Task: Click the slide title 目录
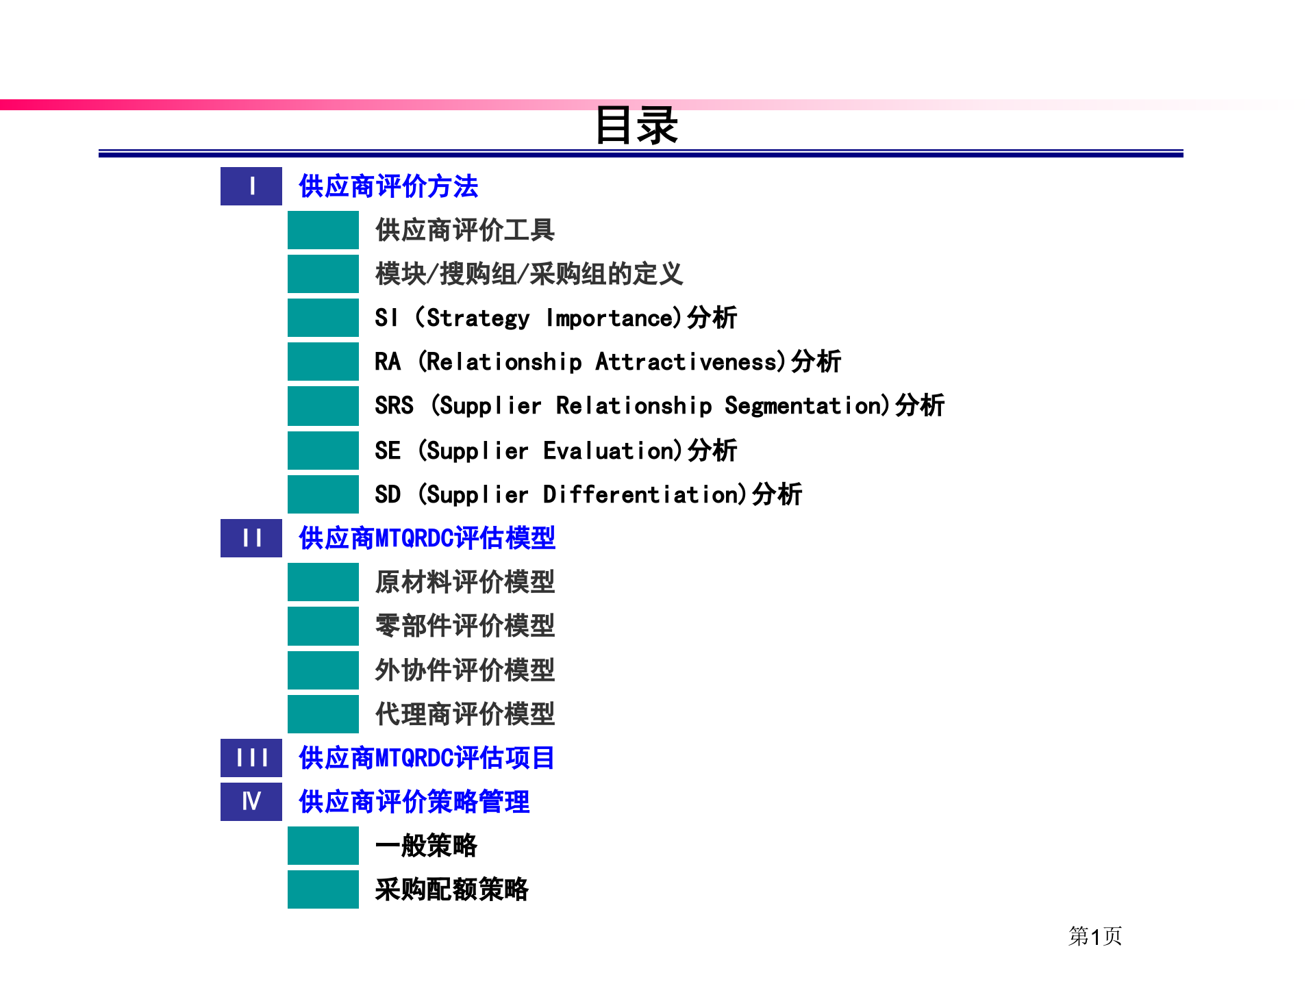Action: pos(636,125)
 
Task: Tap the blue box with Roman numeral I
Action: pos(251,186)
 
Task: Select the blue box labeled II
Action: pos(251,538)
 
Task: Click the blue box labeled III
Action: pos(251,758)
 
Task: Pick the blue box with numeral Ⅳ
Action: pos(251,801)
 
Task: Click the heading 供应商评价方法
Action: pos(388,186)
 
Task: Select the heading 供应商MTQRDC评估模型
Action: pos(427,538)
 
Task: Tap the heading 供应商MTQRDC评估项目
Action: pos(427,758)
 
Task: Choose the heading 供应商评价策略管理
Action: pos(414,802)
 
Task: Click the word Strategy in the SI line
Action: pos(478,318)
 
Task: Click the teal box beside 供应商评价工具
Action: pos(323,230)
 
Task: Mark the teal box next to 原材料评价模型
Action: pos(323,582)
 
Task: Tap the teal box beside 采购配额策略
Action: pos(323,889)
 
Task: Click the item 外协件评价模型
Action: pos(465,670)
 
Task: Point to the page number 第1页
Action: pos(1094,936)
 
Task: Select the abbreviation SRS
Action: pos(394,405)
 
